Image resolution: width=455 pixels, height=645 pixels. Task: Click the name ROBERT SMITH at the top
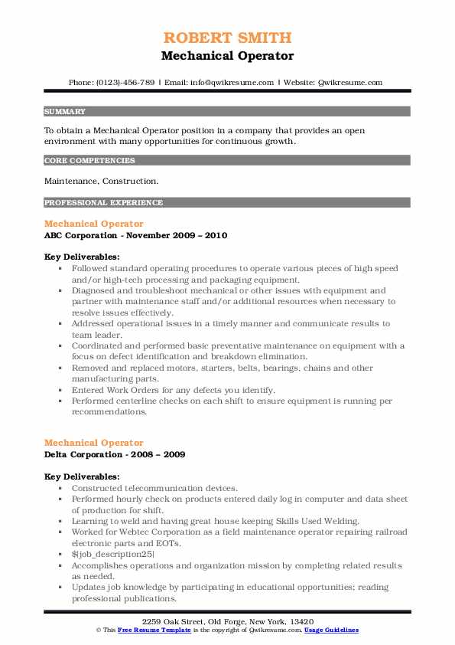click(x=227, y=38)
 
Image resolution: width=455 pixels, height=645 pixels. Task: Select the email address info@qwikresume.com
click(x=233, y=82)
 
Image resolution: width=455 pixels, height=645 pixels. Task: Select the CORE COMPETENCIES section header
click(x=90, y=161)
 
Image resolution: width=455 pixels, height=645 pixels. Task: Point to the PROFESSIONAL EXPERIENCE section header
click(x=103, y=203)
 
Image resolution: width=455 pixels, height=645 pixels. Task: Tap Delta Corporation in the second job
click(x=86, y=454)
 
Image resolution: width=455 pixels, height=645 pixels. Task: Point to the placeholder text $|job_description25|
click(x=113, y=554)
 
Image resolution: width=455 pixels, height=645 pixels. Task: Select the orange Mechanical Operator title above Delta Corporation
click(x=94, y=443)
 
